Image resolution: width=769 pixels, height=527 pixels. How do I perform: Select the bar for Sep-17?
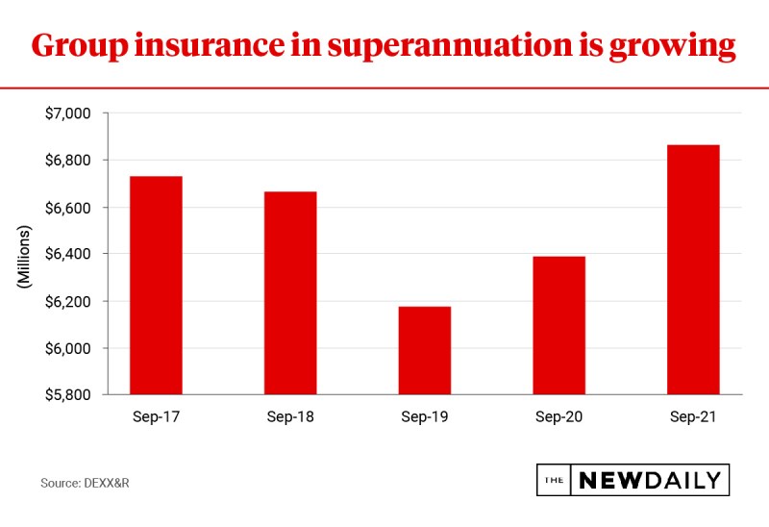click(156, 285)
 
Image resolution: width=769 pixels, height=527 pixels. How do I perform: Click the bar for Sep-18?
click(290, 292)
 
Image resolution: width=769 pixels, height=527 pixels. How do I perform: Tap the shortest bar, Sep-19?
click(425, 350)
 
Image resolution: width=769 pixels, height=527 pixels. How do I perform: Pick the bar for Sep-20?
click(558, 325)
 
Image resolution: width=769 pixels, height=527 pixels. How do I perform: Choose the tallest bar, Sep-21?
click(693, 269)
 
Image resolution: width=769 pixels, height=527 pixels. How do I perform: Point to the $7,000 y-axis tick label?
click(67, 113)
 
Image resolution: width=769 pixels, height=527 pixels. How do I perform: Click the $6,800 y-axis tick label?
click(67, 161)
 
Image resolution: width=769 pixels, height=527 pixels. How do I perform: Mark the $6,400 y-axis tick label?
click(67, 254)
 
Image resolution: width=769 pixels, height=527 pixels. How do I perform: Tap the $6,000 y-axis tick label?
click(67, 348)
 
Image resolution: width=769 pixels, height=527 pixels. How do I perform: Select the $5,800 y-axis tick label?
click(67, 395)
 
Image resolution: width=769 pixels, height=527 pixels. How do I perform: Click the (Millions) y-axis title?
click(25, 255)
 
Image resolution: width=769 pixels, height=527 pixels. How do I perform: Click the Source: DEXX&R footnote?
click(85, 481)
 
